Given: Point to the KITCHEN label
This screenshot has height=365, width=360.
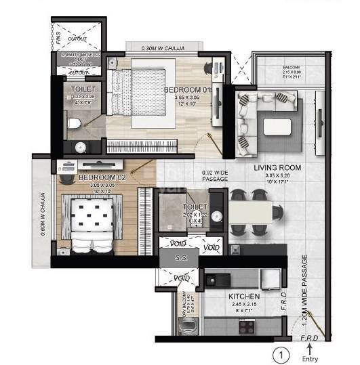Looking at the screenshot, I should (245, 297).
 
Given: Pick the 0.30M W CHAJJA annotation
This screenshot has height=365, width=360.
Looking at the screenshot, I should (161, 48).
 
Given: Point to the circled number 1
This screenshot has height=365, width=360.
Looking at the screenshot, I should (278, 352).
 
